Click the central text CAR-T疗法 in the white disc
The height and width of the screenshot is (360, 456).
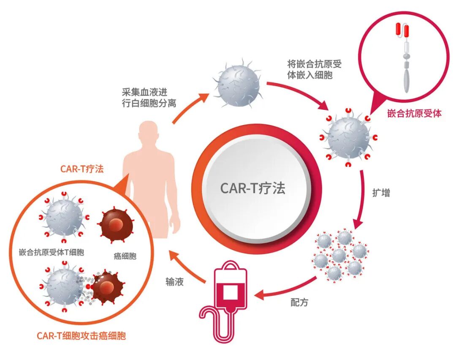[x=253, y=188]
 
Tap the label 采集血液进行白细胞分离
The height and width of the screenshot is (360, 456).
[x=149, y=98]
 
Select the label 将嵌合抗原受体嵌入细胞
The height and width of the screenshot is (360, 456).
[x=315, y=69]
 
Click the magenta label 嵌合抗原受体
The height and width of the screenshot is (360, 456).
[x=414, y=113]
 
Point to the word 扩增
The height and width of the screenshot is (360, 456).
[x=381, y=193]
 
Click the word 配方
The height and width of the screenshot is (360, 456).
[x=299, y=303]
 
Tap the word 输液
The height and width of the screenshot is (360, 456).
[x=174, y=281]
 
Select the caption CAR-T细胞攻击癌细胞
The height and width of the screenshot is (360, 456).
[x=81, y=335]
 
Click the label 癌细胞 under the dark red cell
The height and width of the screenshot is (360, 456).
[x=125, y=256]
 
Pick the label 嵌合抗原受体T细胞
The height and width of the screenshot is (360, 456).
[x=52, y=252]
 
